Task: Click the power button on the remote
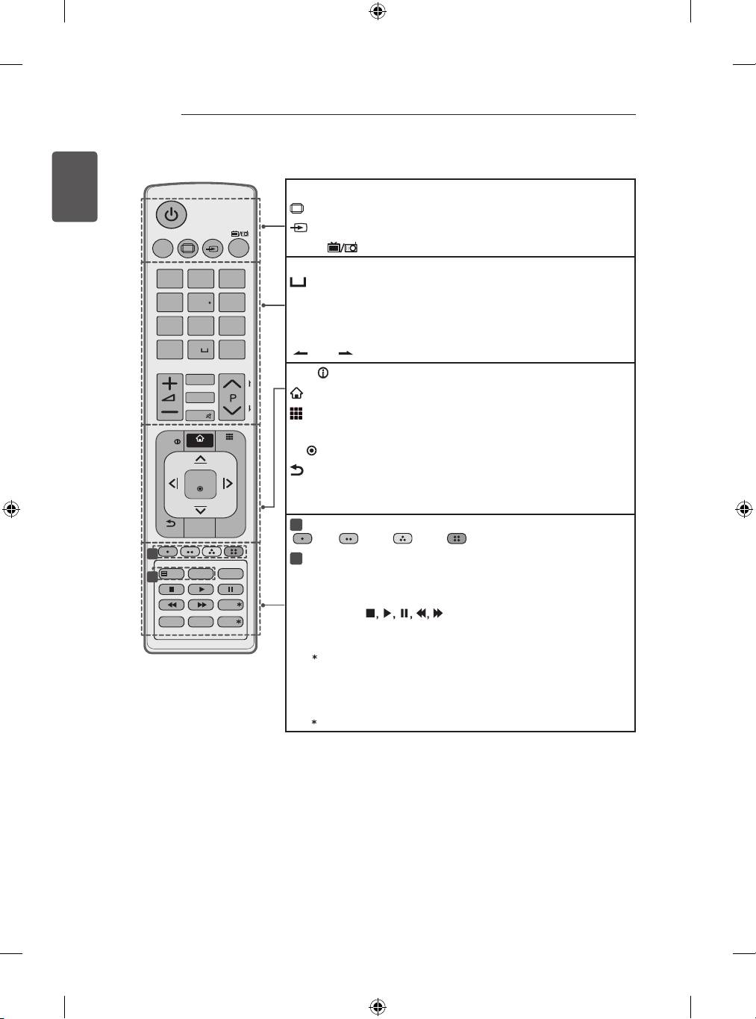[172, 214]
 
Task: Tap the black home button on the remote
[200, 439]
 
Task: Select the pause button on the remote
[231, 590]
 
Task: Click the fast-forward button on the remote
[202, 605]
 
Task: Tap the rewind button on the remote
[172, 605]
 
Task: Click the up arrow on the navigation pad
[200, 459]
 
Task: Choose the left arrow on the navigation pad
[174, 483]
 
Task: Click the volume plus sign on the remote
[170, 383]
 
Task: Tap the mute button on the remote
[200, 416]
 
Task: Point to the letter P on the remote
[233, 399]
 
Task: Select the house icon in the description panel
[297, 393]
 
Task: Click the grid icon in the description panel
[296, 414]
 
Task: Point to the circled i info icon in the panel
[323, 373]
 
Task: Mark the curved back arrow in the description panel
[297, 470]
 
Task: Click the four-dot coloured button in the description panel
[457, 538]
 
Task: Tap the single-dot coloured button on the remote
[168, 552]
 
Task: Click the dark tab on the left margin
[75, 187]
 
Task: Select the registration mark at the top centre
[378, 11]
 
